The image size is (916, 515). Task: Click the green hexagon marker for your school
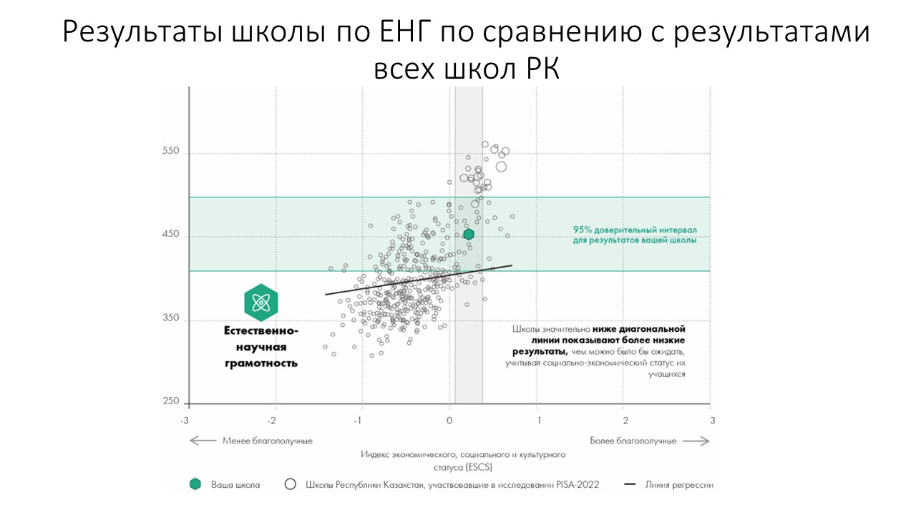(469, 234)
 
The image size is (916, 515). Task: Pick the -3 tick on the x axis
(185, 420)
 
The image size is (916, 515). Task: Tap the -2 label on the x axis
(273, 420)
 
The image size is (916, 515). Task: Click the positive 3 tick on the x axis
(711, 420)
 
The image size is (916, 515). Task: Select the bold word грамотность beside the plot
(260, 363)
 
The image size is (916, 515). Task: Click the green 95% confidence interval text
(635, 235)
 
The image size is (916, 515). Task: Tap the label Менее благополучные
(267, 441)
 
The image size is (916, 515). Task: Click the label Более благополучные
(633, 441)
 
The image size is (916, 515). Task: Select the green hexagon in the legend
(195, 484)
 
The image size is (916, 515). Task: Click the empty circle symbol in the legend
(290, 484)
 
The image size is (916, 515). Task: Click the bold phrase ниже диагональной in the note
(639, 329)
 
